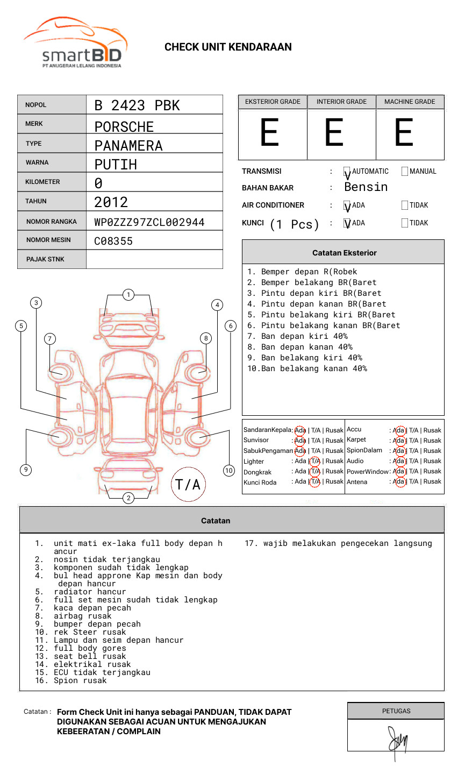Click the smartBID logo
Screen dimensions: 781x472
pyautogui.click(x=75, y=43)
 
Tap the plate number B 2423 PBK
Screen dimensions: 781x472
pyautogui.click(x=137, y=105)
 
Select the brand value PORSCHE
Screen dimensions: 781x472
pyautogui.click(x=124, y=127)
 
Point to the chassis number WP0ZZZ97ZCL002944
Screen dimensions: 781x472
pyautogui.click(x=149, y=222)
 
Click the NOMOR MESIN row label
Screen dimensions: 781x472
pyautogui.click(x=48, y=240)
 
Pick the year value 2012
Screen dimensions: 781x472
pyautogui.click(x=111, y=202)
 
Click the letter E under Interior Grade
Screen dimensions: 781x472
pyautogui.click(x=334, y=133)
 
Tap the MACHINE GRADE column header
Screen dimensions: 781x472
pyautogui.click(x=410, y=102)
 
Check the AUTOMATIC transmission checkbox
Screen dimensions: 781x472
pyautogui.click(x=347, y=172)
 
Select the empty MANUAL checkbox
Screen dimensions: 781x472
pyautogui.click(x=405, y=172)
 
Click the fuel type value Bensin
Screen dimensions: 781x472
pyautogui.click(x=366, y=187)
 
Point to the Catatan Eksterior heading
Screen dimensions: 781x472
pyautogui.click(x=344, y=253)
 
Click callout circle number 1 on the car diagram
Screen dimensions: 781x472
pyautogui.click(x=128, y=294)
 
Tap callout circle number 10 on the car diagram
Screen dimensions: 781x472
pyautogui.click(x=229, y=471)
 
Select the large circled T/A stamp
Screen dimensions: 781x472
pyautogui.click(x=188, y=484)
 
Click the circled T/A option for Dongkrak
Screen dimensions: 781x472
pyautogui.click(x=315, y=471)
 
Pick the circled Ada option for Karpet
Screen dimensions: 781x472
pyautogui.click(x=399, y=441)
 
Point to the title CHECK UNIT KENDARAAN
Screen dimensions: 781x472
pyautogui.click(x=228, y=47)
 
